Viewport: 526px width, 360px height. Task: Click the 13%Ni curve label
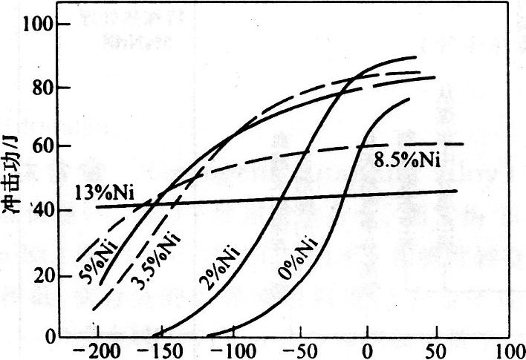point(103,195)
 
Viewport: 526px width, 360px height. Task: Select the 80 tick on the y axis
point(48,88)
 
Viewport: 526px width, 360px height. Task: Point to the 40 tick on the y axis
point(48,211)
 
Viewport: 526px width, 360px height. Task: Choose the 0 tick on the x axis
point(366,350)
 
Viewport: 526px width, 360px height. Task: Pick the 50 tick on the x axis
point(432,350)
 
